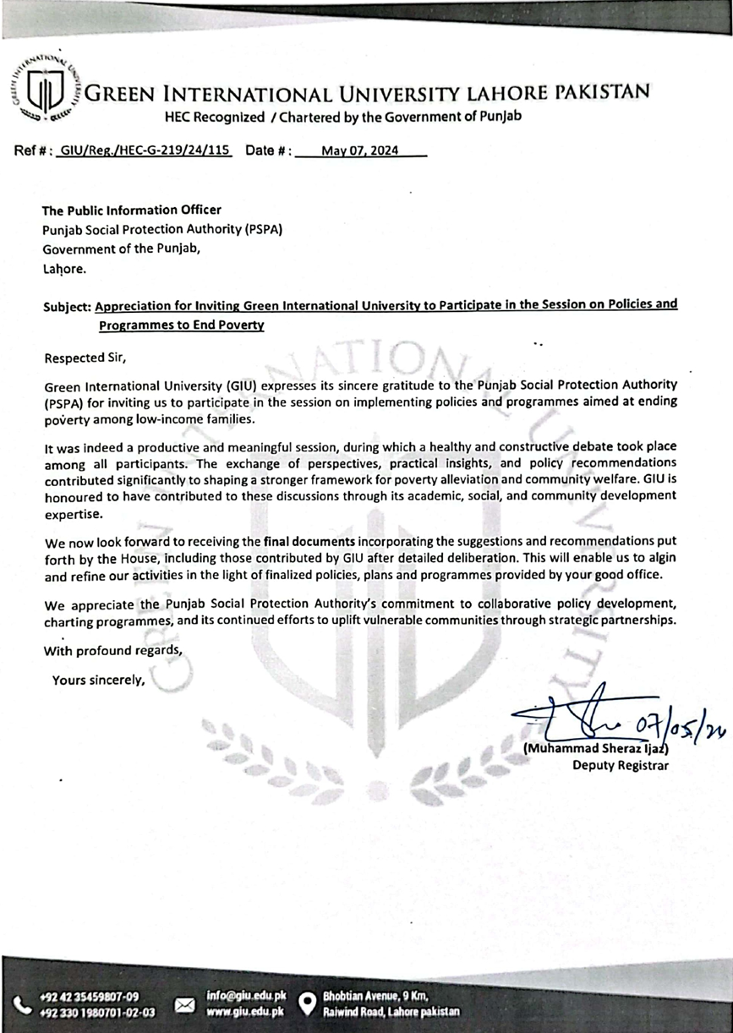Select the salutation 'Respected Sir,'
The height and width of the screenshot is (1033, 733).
pyautogui.click(x=85, y=358)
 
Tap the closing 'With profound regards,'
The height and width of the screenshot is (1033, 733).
pyautogui.click(x=112, y=650)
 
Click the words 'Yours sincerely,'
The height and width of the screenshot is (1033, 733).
pyautogui.click(x=98, y=680)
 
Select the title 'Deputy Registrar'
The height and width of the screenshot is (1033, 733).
pyautogui.click(x=621, y=766)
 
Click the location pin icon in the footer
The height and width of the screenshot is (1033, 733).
pyautogui.click(x=309, y=1003)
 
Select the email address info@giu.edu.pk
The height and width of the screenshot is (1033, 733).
pyautogui.click(x=245, y=995)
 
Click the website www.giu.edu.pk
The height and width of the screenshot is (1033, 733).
pyautogui.click(x=245, y=1011)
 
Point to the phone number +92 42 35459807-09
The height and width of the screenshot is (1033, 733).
pyautogui.click(x=89, y=996)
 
